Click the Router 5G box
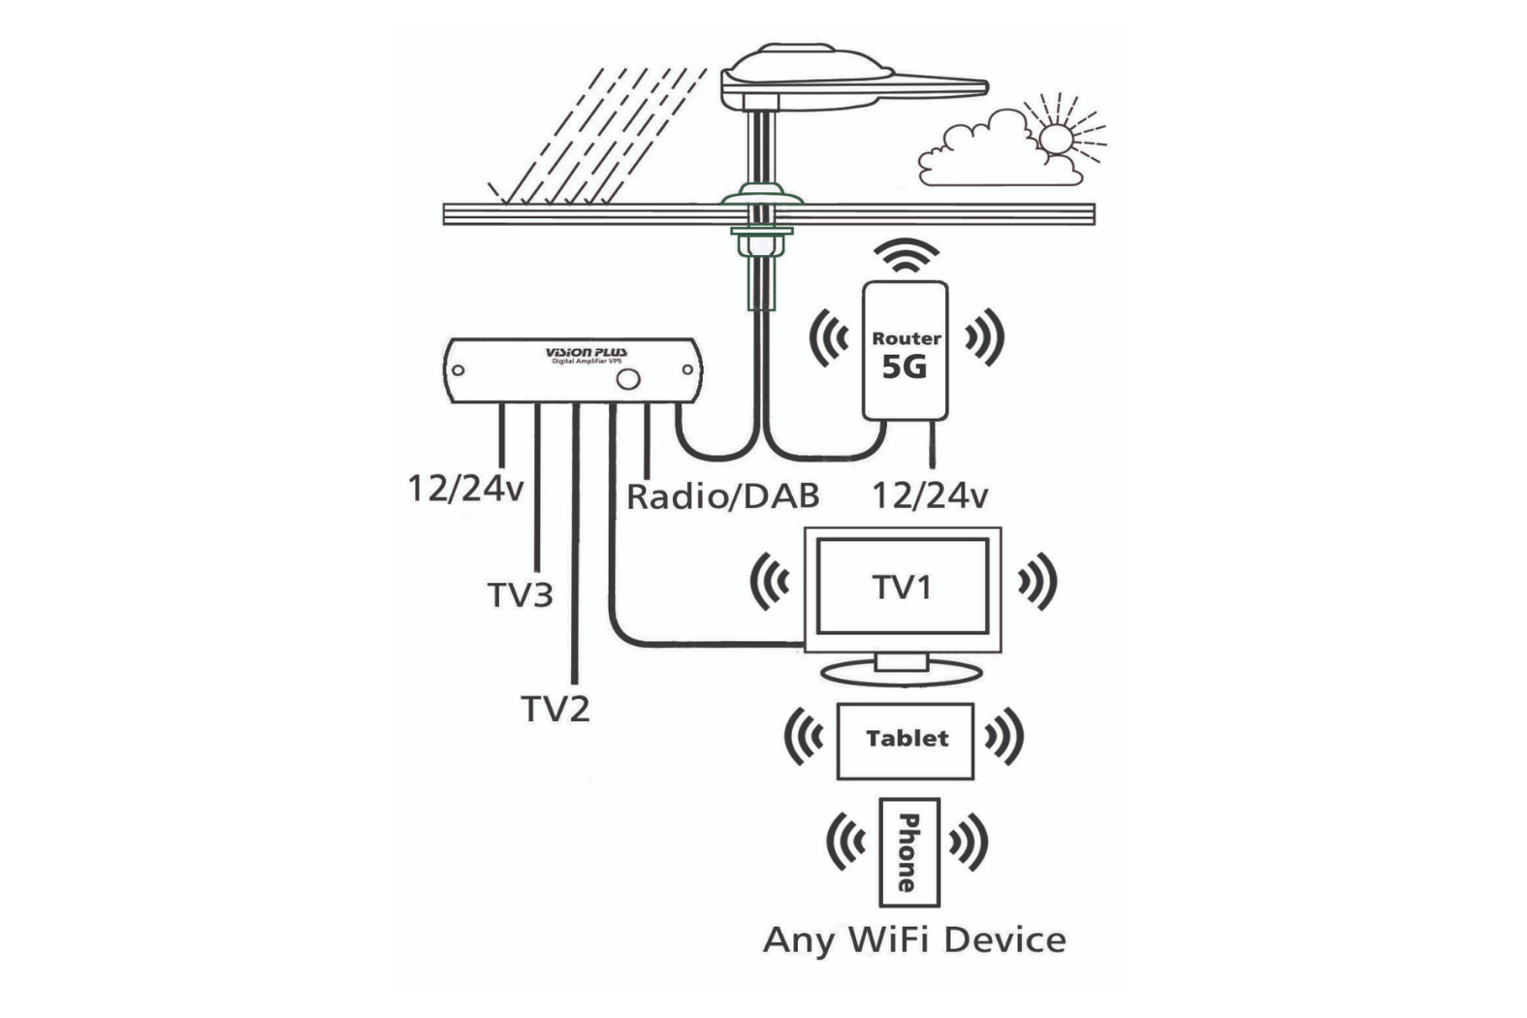(905, 350)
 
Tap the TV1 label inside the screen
(902, 588)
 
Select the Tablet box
(906, 740)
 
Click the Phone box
(908, 851)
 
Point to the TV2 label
(555, 709)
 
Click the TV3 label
(520, 594)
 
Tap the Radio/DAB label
(722, 496)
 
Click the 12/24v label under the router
(929, 496)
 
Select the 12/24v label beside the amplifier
(464, 488)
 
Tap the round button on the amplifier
(628, 378)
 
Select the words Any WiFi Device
(914, 939)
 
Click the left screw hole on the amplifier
(459, 369)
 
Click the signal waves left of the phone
(846, 842)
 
